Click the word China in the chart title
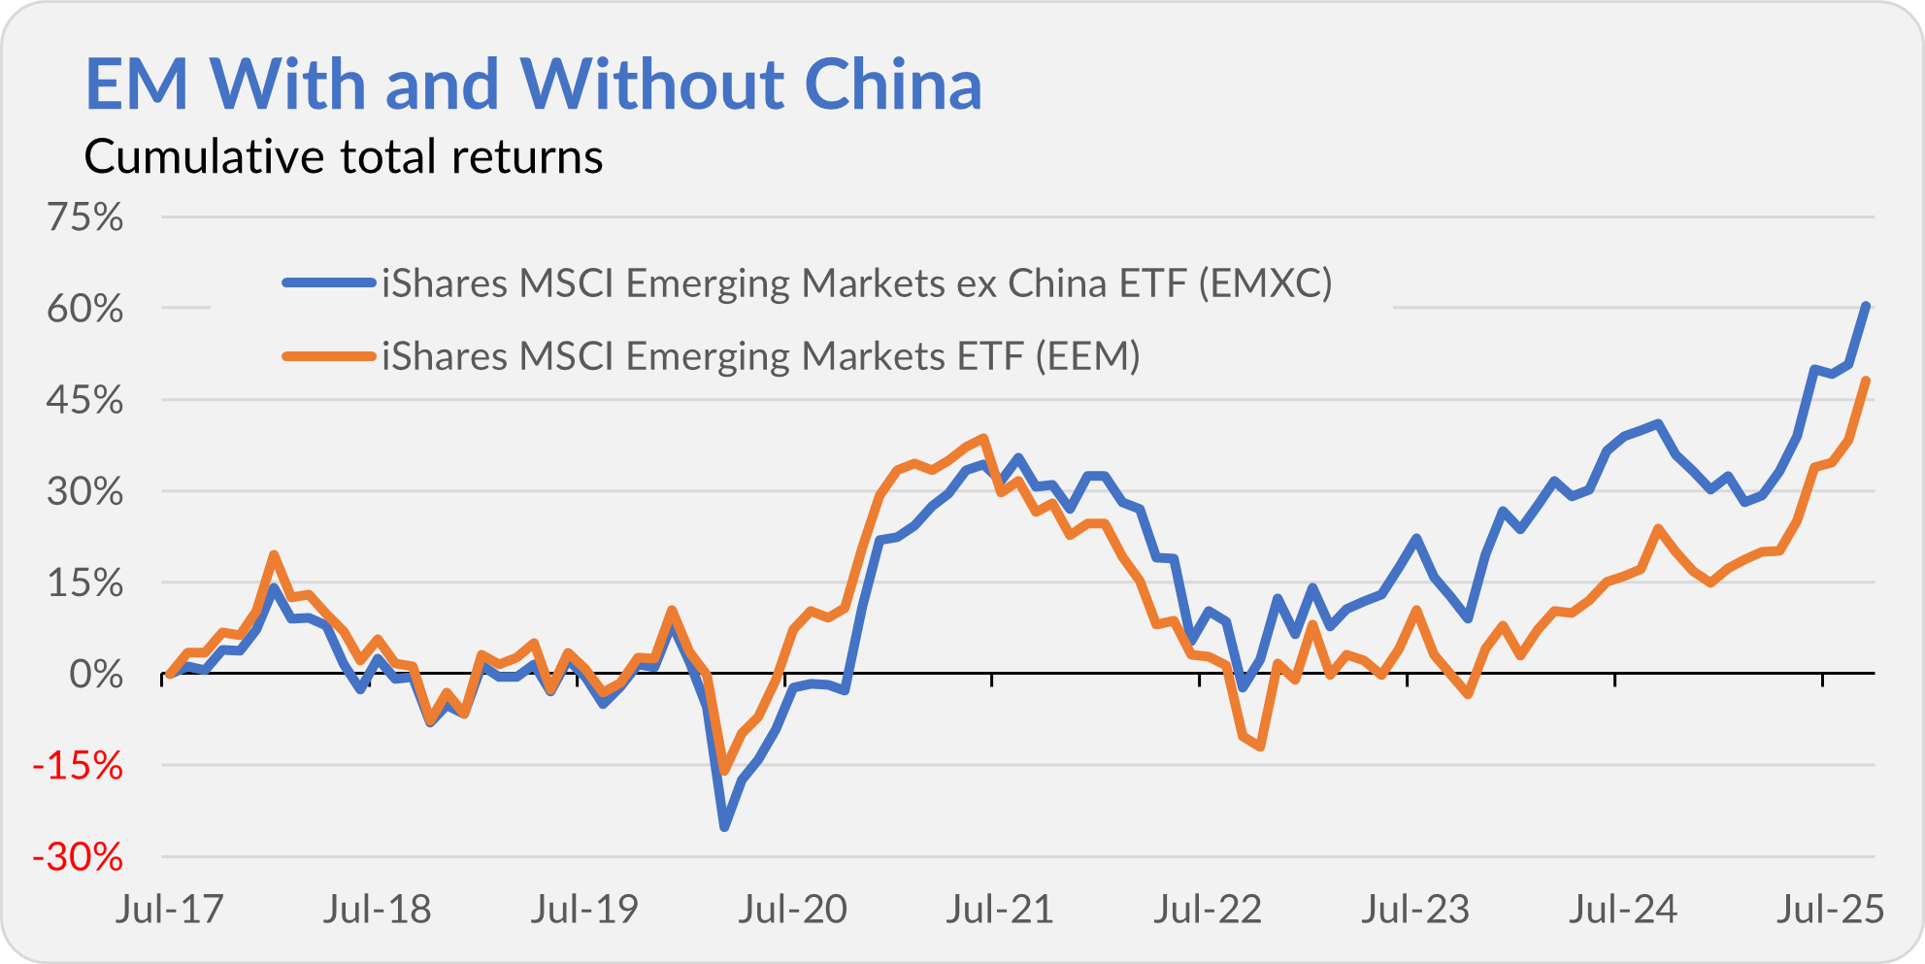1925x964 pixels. (x=893, y=84)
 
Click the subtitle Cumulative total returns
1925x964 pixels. (x=344, y=157)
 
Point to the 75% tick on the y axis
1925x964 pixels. (x=85, y=217)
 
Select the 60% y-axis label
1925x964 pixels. (x=85, y=310)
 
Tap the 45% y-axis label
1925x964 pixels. (x=85, y=400)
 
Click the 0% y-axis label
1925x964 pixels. (x=96, y=675)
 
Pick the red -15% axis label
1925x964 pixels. (x=78, y=767)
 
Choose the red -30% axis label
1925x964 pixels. (x=78, y=858)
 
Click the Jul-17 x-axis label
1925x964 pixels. (x=170, y=910)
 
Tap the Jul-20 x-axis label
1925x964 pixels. (x=793, y=910)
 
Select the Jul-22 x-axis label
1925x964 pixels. (x=1208, y=910)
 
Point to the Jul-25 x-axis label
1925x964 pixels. (x=1830, y=910)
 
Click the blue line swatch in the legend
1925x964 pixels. (x=329, y=283)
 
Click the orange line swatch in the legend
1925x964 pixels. (x=329, y=356)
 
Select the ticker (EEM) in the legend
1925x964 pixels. (x=1087, y=356)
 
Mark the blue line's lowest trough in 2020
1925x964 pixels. (x=724, y=827)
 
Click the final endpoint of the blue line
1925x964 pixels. (x=1866, y=306)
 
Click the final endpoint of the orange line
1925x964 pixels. (x=1866, y=381)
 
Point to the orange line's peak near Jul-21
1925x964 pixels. (x=984, y=439)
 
